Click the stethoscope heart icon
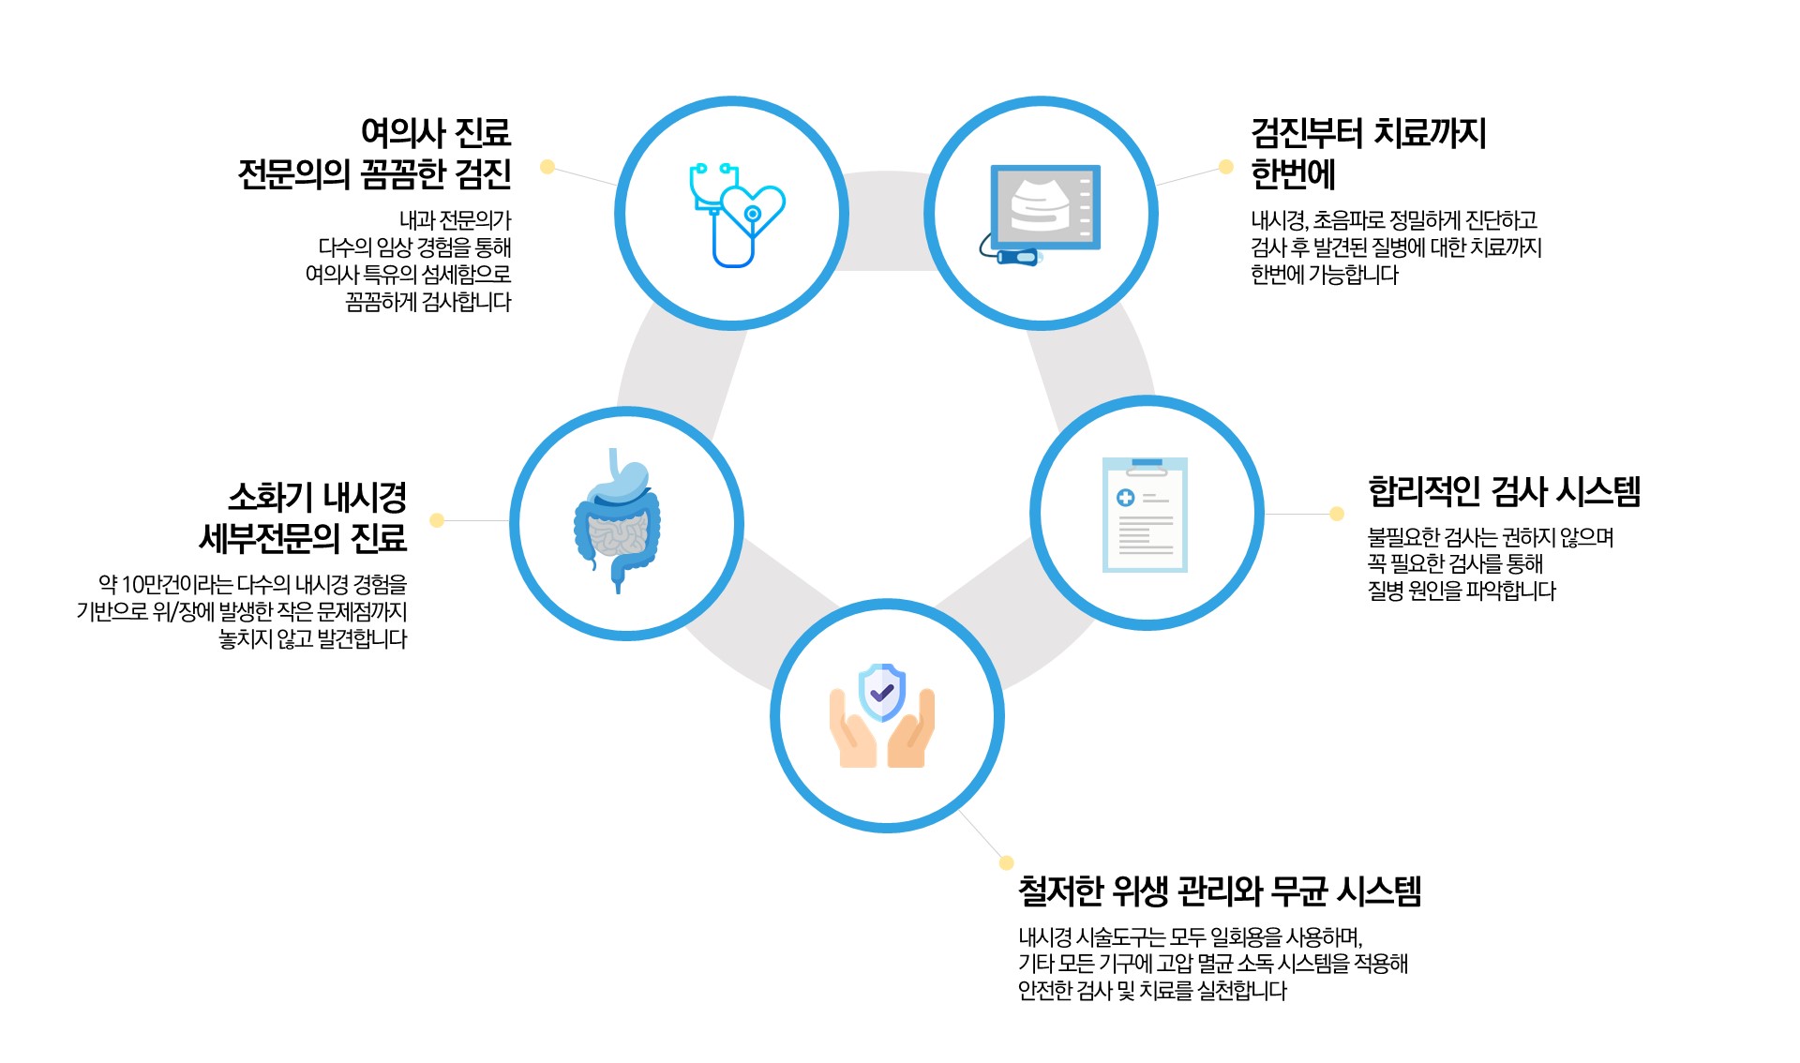tap(737, 215)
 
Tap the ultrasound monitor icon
tap(1042, 214)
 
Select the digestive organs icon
tap(617, 521)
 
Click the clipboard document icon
tap(1145, 515)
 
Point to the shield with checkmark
tap(882, 693)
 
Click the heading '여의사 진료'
tap(436, 133)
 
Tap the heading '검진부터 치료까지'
tap(1369, 133)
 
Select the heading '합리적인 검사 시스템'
tap(1504, 491)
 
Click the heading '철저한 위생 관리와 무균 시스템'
tap(1220, 891)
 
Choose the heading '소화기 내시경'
tap(317, 497)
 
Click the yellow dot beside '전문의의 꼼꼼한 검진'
tap(547, 167)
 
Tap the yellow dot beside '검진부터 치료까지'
tap(1225, 167)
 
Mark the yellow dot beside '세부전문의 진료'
tap(437, 520)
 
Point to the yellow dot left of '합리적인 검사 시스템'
tap(1337, 514)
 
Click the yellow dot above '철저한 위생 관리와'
tap(1006, 862)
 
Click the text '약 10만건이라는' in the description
tap(165, 585)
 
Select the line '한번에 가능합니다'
tap(1325, 275)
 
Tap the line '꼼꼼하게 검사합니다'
tap(428, 302)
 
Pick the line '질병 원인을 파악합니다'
tap(1462, 591)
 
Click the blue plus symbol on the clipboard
tap(1126, 498)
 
